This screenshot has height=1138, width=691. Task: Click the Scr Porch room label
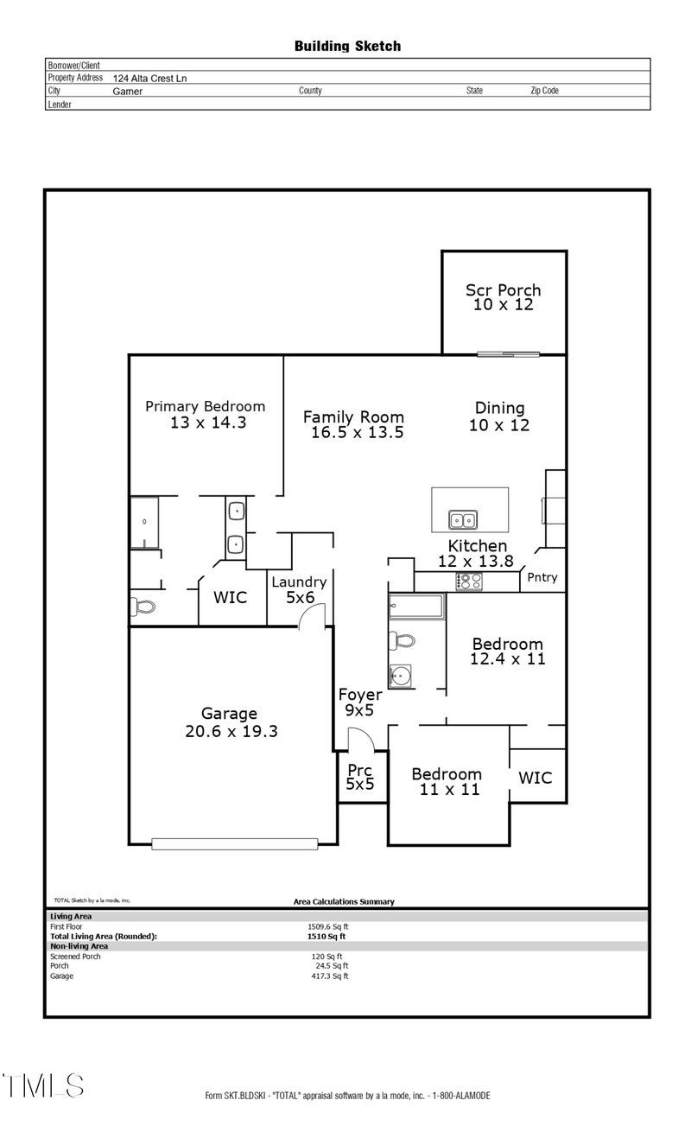click(503, 290)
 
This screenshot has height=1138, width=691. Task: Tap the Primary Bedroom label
click(205, 406)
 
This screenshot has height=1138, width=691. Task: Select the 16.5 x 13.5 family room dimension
click(357, 433)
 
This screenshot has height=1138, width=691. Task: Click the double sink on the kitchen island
click(463, 520)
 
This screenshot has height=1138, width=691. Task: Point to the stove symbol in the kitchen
click(469, 582)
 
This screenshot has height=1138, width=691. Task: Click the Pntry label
click(542, 577)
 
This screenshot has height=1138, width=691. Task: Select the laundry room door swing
click(312, 615)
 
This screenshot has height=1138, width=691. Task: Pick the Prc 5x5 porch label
click(360, 777)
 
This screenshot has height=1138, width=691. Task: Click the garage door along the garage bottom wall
click(234, 843)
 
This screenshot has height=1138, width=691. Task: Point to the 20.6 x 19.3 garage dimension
click(231, 731)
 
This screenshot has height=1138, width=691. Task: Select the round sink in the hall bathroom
click(400, 676)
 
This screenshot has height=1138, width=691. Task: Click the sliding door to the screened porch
click(509, 353)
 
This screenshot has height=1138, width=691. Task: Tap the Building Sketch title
click(347, 46)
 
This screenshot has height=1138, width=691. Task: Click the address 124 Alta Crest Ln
click(149, 78)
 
